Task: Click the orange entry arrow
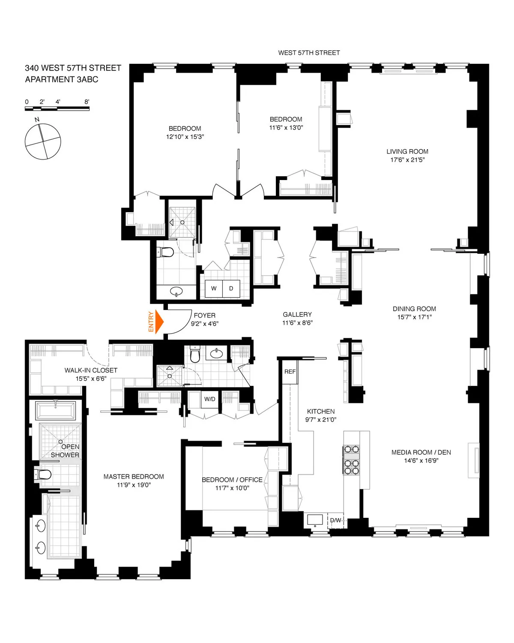pos(159,322)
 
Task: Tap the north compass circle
pos(43,141)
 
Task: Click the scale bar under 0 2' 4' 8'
pos(57,109)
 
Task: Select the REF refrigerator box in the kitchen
pos(290,372)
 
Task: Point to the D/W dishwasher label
pos(335,520)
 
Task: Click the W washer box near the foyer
pos(214,288)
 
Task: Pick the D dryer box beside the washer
pos(231,288)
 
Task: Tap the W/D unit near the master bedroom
pos(210,399)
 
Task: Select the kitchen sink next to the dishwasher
pos(315,520)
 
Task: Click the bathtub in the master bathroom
pos(56,411)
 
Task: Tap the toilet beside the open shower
pos(43,474)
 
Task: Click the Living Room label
pos(407,151)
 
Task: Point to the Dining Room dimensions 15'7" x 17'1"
pos(414,317)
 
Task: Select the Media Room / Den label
pos(421,452)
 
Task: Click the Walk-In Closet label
pos(91,370)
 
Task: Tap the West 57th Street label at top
pos(309,53)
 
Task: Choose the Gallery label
pos(297,315)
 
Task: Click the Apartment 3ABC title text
pos(62,79)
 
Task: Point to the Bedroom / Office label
pos(232,480)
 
